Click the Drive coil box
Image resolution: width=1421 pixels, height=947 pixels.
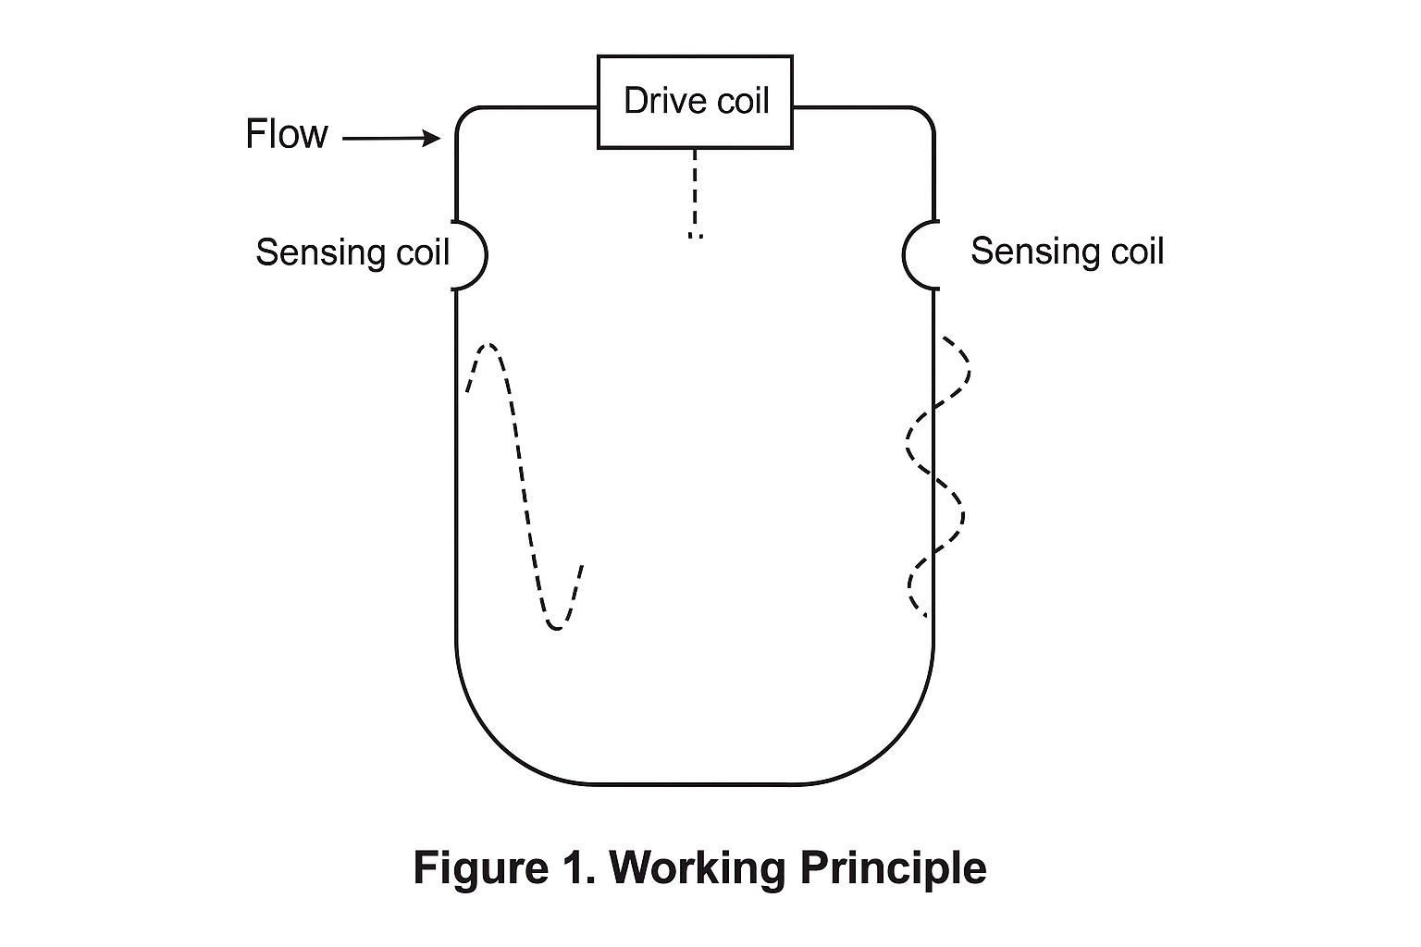click(695, 102)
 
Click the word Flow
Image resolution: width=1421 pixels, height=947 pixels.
click(286, 134)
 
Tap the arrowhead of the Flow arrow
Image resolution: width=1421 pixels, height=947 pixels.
click(432, 139)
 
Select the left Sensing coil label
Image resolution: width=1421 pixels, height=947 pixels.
click(352, 252)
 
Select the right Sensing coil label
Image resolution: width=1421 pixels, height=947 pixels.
click(1067, 252)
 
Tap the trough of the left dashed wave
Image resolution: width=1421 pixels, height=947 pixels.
click(555, 628)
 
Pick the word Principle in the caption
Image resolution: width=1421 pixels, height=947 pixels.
click(893, 868)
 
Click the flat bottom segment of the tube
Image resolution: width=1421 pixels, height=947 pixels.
click(695, 784)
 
